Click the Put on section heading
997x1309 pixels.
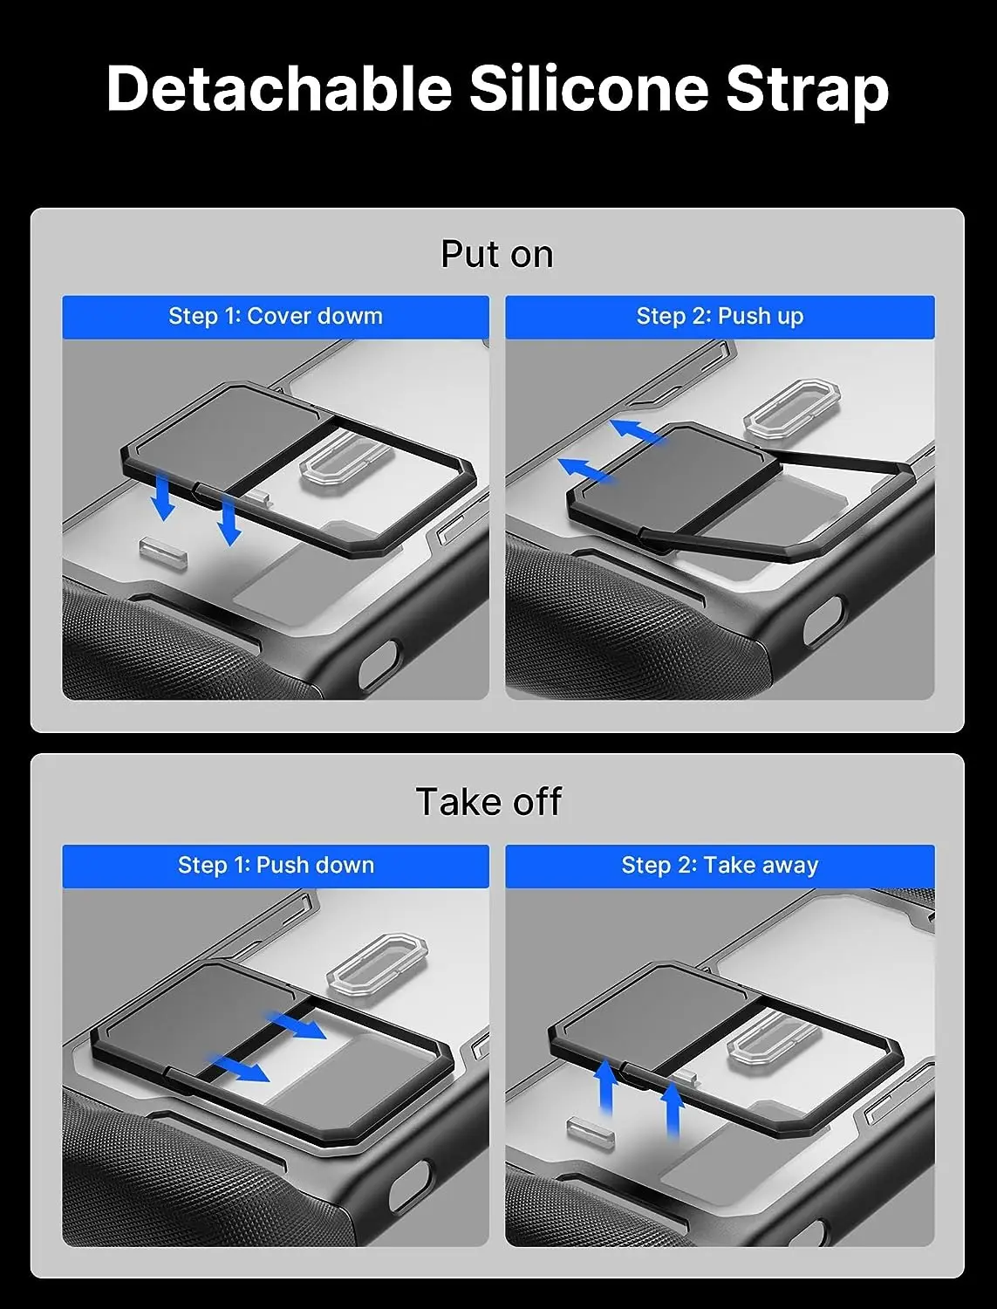click(x=497, y=255)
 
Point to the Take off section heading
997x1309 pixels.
click(x=488, y=801)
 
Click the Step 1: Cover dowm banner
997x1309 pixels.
click(x=276, y=317)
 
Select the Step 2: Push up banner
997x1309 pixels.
click(x=720, y=317)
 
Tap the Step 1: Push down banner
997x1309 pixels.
click(x=276, y=866)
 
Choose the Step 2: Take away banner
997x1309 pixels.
click(x=720, y=866)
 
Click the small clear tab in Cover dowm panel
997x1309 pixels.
click(x=163, y=552)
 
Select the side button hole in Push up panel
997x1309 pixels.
click(x=823, y=620)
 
